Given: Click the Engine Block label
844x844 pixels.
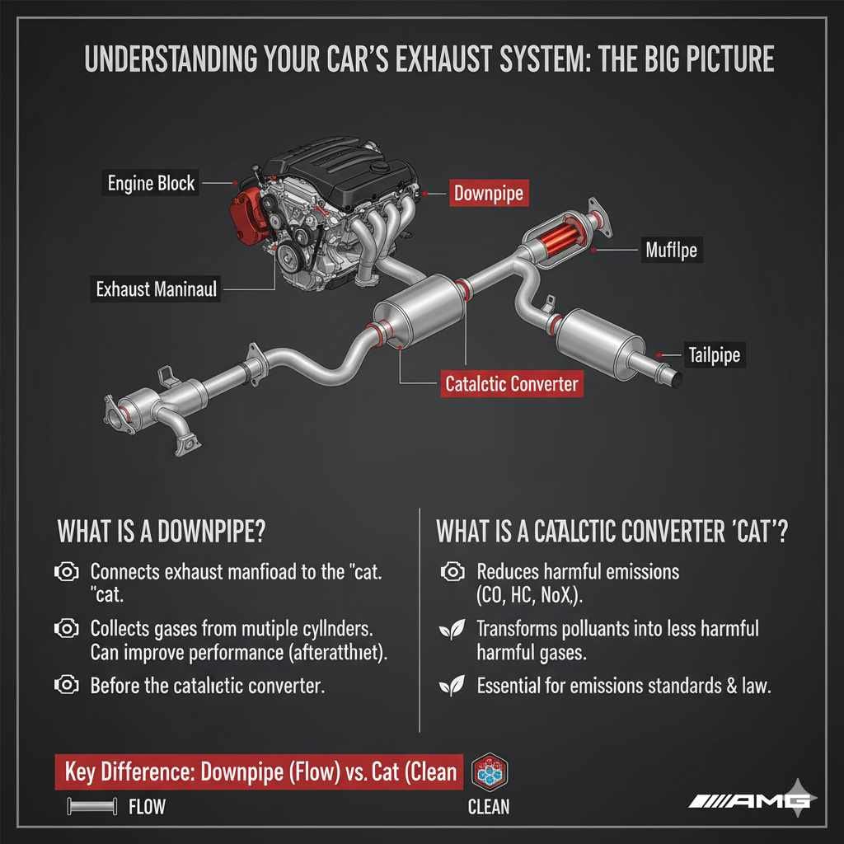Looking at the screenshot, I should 152,183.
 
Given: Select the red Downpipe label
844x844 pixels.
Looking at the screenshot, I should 489,195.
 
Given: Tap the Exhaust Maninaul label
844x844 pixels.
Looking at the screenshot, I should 156,289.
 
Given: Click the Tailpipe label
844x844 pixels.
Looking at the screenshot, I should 714,355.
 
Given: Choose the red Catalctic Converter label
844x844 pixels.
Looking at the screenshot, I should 511,384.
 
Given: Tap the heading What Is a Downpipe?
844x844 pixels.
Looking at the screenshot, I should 161,531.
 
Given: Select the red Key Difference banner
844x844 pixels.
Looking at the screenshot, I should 258,771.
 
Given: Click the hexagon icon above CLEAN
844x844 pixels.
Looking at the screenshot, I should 490,772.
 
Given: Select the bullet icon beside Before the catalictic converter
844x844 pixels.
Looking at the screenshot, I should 65,685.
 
